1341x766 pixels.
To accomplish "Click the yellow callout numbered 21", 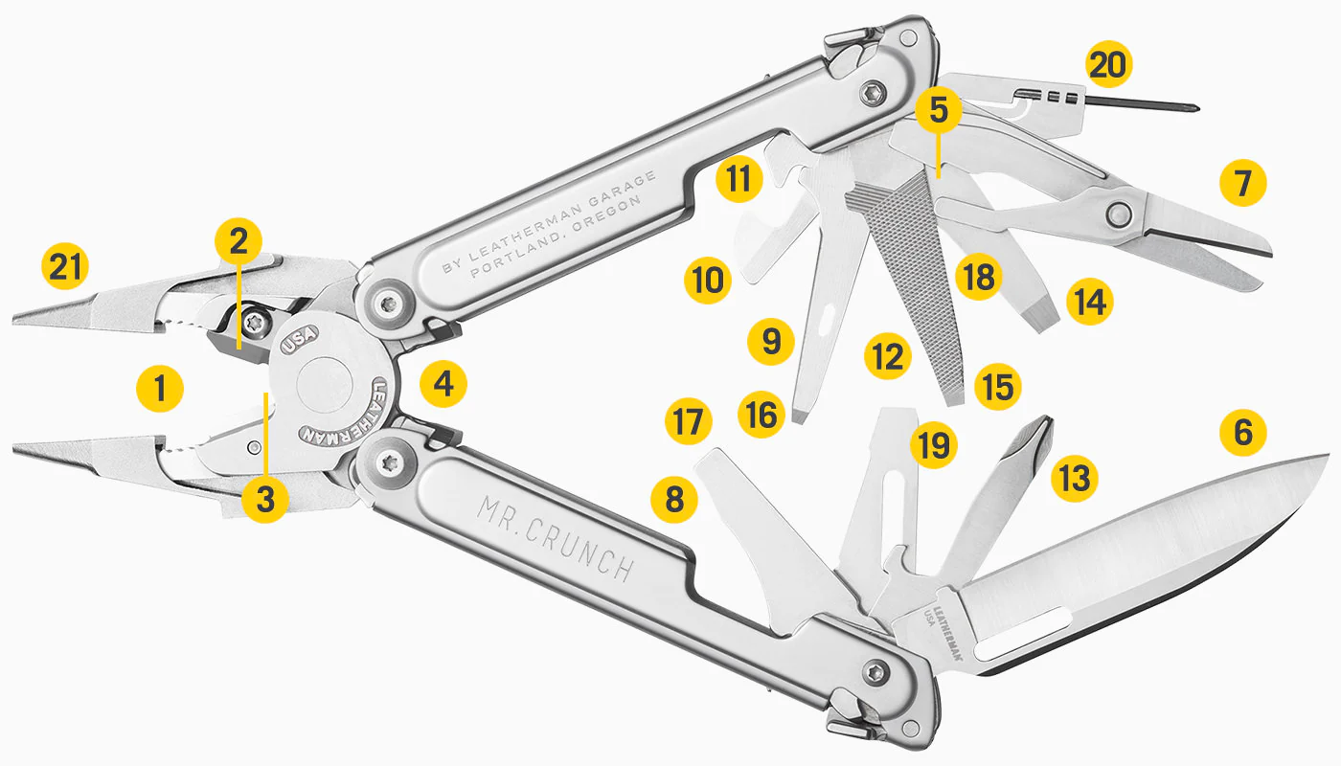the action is point(65,266).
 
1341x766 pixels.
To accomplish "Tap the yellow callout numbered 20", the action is point(1109,65).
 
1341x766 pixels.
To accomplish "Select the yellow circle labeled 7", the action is point(1243,183).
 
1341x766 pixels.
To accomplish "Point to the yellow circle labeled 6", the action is point(1243,432).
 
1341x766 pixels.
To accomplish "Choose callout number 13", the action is point(1075,478).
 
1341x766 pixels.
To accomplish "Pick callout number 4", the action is point(443,384).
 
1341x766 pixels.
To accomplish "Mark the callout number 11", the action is point(739,178).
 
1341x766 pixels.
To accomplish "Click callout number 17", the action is point(689,420).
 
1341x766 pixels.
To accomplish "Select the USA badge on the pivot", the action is point(299,339).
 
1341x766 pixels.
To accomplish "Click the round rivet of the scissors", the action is point(1119,214).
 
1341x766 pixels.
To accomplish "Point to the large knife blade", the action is point(1138,569).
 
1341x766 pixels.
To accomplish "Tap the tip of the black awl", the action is point(1196,108).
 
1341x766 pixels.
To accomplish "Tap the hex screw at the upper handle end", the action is point(872,92).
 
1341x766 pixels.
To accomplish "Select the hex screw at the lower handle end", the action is point(875,672).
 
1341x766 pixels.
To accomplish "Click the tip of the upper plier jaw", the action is point(14,320).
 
